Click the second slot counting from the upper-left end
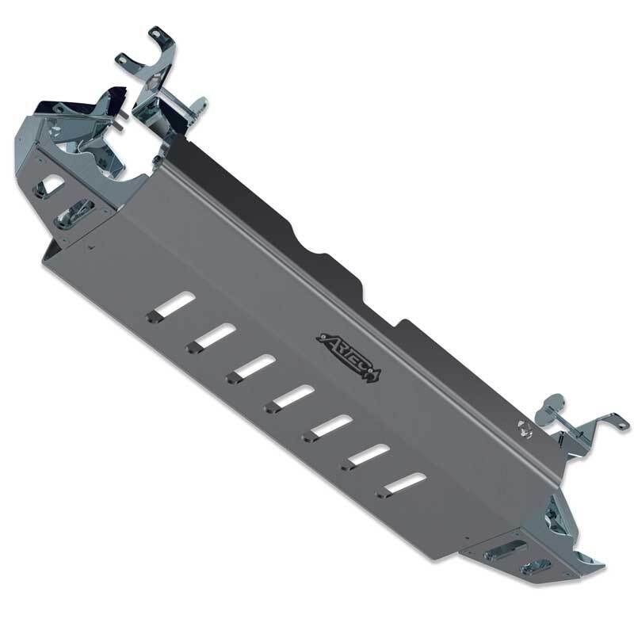[x=210, y=337]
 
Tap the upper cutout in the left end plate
[x=50, y=184]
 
